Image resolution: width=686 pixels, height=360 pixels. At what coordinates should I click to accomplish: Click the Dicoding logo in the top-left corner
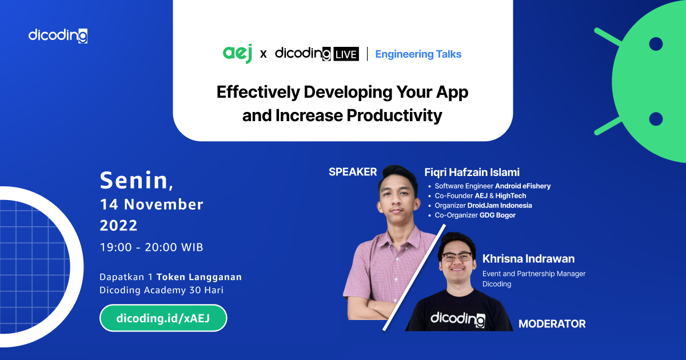point(58,35)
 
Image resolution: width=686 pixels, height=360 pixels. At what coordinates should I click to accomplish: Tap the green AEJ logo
point(237,54)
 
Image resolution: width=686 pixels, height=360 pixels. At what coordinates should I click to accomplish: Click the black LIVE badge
point(346,54)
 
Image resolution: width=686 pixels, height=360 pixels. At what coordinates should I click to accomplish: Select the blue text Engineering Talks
point(418,54)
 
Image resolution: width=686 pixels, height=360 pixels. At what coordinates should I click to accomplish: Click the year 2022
point(119,226)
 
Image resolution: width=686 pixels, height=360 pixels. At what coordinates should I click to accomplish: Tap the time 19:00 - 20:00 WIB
point(151,247)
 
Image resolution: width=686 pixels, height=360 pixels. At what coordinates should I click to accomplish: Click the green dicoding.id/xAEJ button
point(163,318)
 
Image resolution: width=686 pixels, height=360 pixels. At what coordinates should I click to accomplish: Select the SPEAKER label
point(353,172)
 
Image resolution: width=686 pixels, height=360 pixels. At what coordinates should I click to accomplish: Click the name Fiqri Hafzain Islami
point(472,173)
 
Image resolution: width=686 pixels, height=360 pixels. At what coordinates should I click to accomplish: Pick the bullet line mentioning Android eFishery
point(492,186)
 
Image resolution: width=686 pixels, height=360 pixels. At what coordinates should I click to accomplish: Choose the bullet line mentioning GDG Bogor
point(475,215)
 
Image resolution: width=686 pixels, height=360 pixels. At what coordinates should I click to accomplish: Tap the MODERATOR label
point(552,324)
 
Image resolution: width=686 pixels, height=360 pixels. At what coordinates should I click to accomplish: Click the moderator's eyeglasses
point(457,257)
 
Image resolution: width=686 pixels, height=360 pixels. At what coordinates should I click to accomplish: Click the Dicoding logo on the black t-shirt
point(457,319)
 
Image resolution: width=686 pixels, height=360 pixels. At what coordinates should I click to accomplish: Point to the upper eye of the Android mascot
point(656,44)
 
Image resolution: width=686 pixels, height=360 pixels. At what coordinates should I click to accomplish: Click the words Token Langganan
point(199,277)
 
